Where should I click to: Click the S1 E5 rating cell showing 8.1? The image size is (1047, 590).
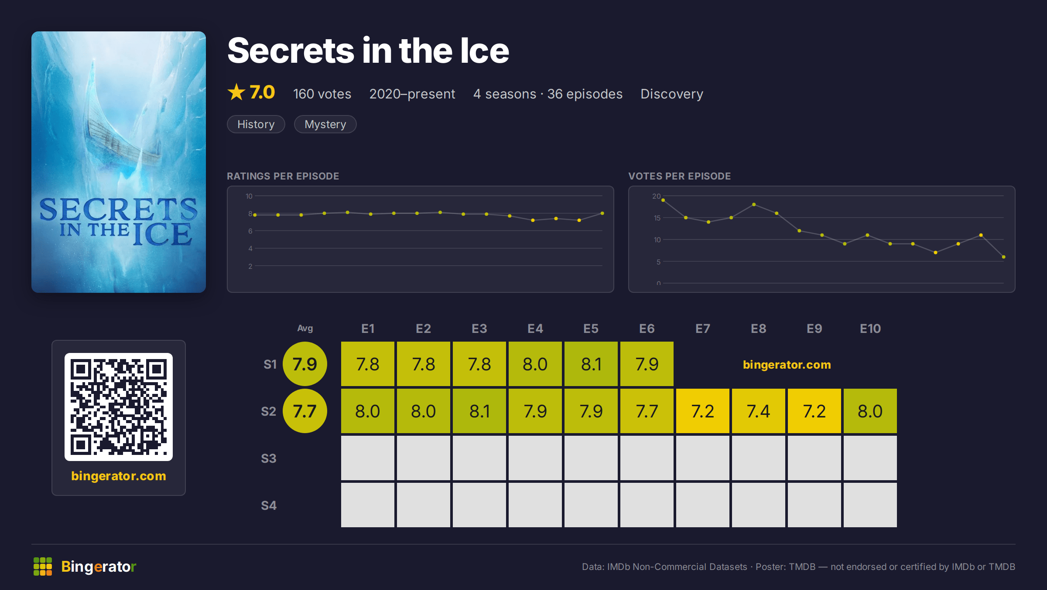pos(591,364)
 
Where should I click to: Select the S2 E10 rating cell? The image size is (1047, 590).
pos(870,411)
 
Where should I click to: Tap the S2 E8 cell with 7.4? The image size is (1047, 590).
pos(759,411)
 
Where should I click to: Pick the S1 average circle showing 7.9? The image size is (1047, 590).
pos(305,364)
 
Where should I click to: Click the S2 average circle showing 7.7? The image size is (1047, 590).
pos(305,411)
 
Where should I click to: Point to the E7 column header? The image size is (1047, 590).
pos(703,329)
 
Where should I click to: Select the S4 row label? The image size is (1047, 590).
pos(269,505)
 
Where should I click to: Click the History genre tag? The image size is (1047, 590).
pos(256,124)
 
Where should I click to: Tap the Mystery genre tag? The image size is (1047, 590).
pos(325,124)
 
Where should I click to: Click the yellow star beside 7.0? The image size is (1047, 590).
pos(236,92)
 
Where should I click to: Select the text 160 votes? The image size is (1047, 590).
pos(322,94)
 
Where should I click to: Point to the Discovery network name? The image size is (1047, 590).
pos(672,94)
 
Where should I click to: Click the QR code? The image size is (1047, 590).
pos(119,407)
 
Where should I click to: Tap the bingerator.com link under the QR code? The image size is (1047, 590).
pos(119,476)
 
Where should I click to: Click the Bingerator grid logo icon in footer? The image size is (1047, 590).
pos(43,566)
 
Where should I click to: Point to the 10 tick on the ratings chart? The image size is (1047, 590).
pos(249,196)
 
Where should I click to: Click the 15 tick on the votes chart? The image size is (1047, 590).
pos(657,218)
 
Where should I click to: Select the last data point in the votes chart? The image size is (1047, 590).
pos(1004,257)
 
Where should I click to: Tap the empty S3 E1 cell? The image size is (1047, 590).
pos(368,458)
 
